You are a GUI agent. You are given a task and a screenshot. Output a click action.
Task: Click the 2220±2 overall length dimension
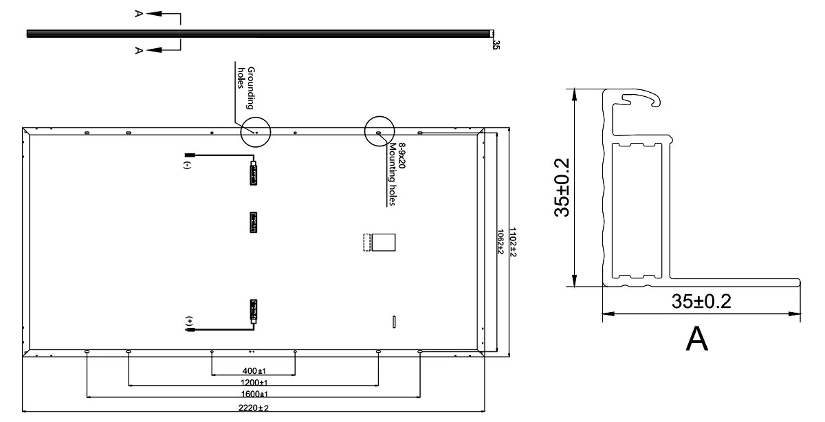click(254, 408)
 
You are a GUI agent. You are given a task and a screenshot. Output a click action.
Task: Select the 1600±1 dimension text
click(254, 394)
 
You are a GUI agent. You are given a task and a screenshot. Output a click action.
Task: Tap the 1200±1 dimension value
click(254, 383)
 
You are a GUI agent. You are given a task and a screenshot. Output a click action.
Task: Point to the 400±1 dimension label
click(254, 371)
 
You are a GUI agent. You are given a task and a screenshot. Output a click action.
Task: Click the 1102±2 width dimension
click(512, 243)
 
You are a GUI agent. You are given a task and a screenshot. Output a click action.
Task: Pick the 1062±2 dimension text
click(500, 241)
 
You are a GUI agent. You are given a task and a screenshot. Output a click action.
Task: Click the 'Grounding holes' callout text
click(246, 88)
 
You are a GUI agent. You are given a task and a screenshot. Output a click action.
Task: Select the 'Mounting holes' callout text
click(393, 174)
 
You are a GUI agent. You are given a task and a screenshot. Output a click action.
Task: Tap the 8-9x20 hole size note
click(401, 156)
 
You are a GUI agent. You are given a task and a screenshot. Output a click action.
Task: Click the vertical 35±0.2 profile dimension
click(562, 188)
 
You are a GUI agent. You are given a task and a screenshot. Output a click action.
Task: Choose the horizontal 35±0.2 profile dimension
click(701, 301)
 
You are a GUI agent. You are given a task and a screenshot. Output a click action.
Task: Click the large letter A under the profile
click(697, 338)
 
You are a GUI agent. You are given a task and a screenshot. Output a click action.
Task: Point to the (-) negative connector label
click(188, 165)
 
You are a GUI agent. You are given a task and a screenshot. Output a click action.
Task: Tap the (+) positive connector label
click(190, 321)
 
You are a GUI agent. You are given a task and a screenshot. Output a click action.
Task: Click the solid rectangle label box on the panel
click(384, 243)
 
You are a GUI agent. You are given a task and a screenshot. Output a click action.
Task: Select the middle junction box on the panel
click(254, 223)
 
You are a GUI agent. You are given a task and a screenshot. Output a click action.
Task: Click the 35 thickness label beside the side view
click(496, 45)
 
